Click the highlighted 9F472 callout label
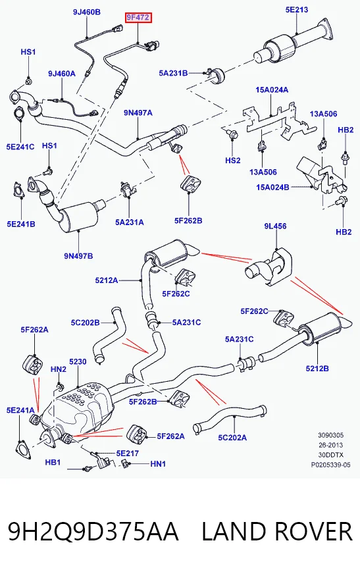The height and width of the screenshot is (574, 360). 138,18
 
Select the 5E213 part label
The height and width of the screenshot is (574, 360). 297,10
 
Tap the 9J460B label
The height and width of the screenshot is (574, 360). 86,12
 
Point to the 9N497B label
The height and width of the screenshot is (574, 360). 79,256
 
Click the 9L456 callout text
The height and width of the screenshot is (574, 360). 276,226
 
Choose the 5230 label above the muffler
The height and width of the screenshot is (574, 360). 78,361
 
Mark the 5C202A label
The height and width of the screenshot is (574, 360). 232,438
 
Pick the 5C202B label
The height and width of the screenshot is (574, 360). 86,323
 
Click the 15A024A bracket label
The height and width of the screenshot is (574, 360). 272,90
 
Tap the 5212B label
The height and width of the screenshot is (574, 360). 317,368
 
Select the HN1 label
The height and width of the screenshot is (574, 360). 158,464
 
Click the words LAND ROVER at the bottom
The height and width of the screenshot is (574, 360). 277,531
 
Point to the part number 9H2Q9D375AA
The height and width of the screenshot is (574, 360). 93,531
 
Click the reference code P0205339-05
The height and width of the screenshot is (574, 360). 331,465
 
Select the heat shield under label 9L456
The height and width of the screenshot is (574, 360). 269,267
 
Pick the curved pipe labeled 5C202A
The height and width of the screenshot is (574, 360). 229,416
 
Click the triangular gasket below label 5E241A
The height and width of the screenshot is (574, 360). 23,449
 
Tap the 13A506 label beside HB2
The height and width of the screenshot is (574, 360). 323,115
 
